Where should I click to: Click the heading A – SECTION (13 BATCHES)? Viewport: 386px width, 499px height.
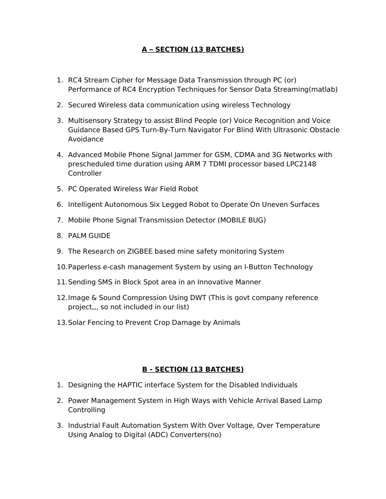tap(193, 49)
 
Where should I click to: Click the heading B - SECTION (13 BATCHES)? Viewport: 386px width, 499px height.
tap(193, 369)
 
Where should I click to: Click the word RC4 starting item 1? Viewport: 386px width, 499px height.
tap(75, 80)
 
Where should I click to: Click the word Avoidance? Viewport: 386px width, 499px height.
tap(85, 139)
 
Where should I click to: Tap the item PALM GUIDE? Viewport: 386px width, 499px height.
tap(89, 236)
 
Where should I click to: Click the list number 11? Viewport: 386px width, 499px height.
tap(61, 282)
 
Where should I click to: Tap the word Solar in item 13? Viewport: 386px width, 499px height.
tap(77, 322)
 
